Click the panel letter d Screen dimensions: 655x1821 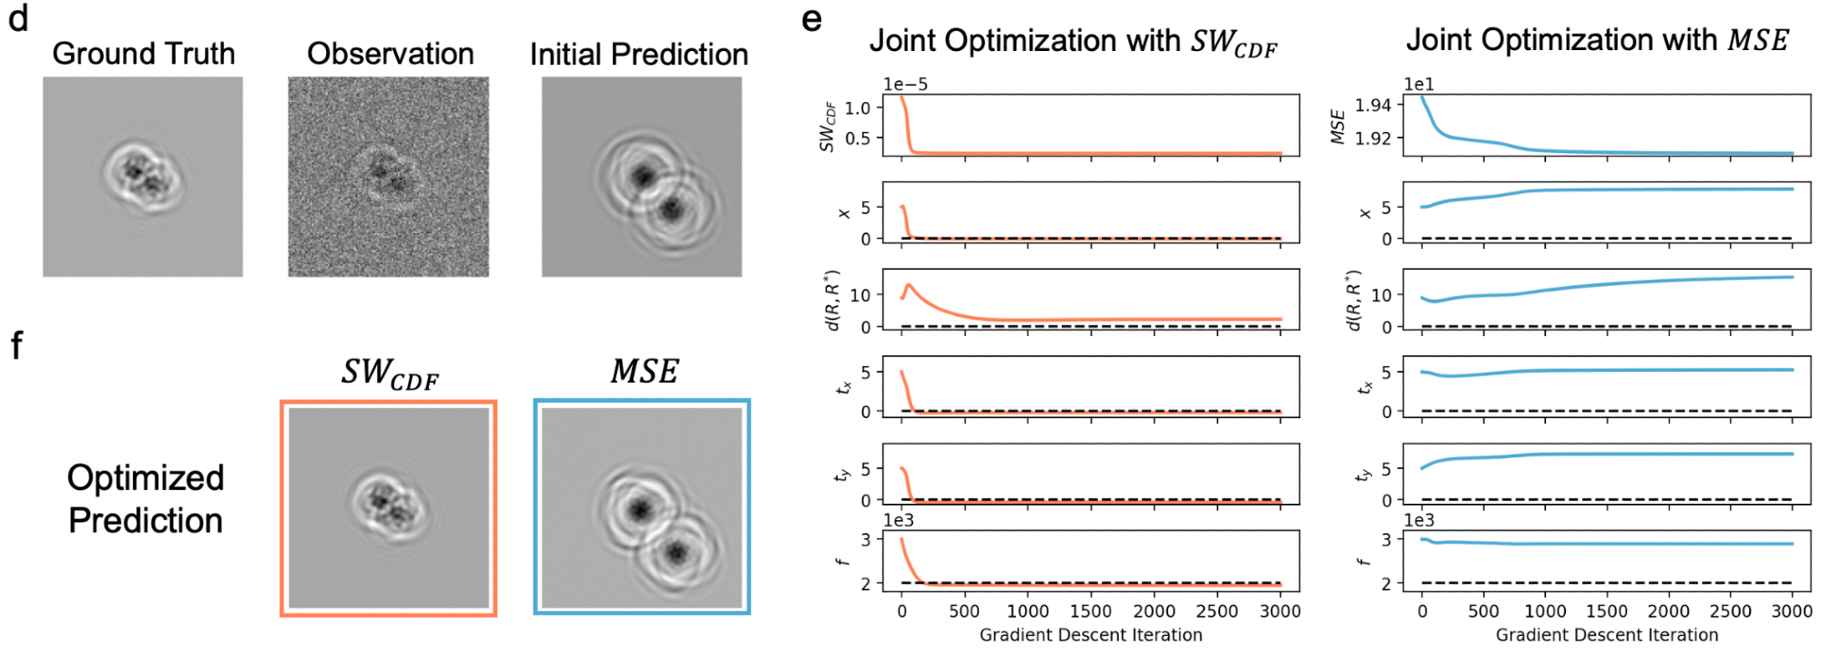[x=18, y=18]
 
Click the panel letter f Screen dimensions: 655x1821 [x=16, y=346]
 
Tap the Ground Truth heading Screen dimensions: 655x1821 [x=143, y=54]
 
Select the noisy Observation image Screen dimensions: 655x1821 [x=389, y=177]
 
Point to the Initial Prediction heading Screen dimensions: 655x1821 [x=638, y=55]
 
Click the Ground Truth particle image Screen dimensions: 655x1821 [x=143, y=177]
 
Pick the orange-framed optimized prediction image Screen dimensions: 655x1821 [x=389, y=508]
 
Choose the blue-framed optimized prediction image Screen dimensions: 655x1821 [x=642, y=507]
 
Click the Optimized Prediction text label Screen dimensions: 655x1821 [x=146, y=499]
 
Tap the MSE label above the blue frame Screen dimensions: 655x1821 [x=645, y=372]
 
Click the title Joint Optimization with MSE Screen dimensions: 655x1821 [x=1597, y=40]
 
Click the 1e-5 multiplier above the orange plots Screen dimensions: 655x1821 [x=905, y=84]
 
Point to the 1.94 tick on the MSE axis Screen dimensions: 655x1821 [x=1373, y=106]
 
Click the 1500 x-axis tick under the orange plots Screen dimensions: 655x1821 [x=1091, y=611]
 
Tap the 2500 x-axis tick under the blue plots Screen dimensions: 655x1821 [x=1730, y=611]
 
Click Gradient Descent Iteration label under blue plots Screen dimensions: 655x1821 [x=1607, y=635]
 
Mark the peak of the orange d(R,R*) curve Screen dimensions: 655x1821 [x=909, y=285]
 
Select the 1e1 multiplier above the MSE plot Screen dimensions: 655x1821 [x=1419, y=84]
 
